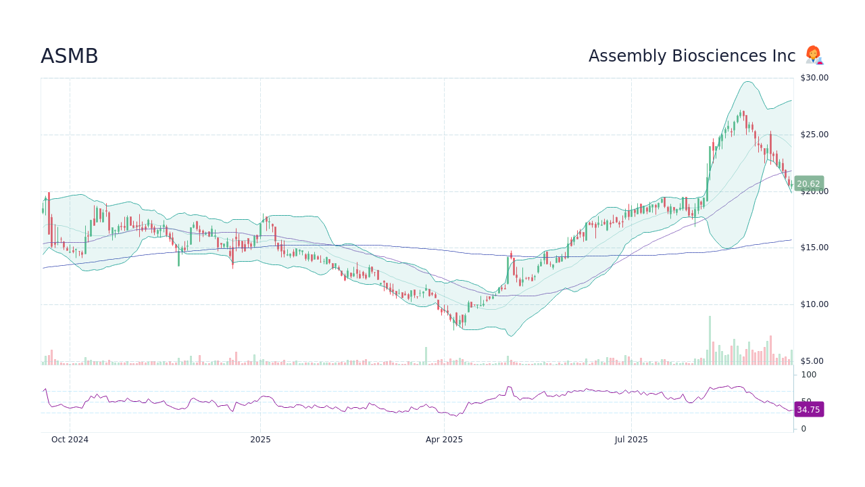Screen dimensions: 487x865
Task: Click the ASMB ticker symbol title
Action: tap(70, 57)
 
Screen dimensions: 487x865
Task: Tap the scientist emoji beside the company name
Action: tap(814, 55)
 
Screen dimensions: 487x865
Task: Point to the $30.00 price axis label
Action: tap(814, 78)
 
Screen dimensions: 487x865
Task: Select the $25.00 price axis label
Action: tap(814, 135)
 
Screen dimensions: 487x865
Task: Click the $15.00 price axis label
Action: tap(814, 248)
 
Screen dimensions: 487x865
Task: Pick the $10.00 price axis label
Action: tap(814, 304)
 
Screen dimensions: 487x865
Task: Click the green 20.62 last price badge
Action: tap(808, 184)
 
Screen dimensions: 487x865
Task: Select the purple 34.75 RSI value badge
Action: tap(808, 410)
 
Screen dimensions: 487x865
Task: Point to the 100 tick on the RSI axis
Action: tap(809, 375)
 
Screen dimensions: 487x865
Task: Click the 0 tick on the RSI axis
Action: tap(804, 429)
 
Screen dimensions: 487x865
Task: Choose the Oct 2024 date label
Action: tap(70, 440)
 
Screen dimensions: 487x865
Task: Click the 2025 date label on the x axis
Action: tap(260, 440)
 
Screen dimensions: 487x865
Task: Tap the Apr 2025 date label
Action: tap(444, 440)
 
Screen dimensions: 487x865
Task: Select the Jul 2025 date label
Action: tap(631, 440)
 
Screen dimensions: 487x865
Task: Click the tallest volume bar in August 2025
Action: tap(710, 340)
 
